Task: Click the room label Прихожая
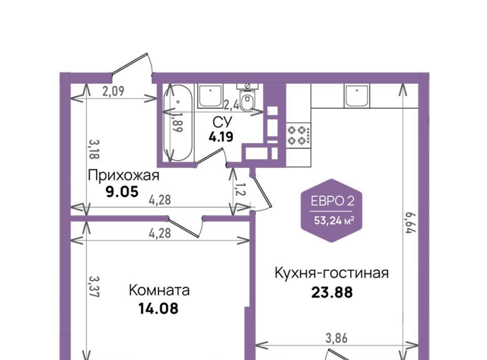coord(124,175)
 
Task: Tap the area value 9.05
coord(122,192)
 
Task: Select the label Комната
coord(159,291)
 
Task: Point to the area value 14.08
coord(158,308)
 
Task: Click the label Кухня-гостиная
coord(332,273)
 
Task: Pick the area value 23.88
coord(332,293)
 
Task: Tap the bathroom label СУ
coord(222,122)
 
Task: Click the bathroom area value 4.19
coord(221,136)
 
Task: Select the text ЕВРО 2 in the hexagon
coord(332,201)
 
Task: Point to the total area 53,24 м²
coord(334,221)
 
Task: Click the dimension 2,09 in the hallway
coord(113,91)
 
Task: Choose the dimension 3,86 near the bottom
coord(336,338)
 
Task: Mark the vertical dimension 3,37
coord(94,287)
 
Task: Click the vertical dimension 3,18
coord(94,149)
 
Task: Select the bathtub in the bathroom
coord(178,122)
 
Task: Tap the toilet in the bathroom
coord(248,98)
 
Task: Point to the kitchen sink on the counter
coord(357,96)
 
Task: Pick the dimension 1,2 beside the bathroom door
coord(240,189)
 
